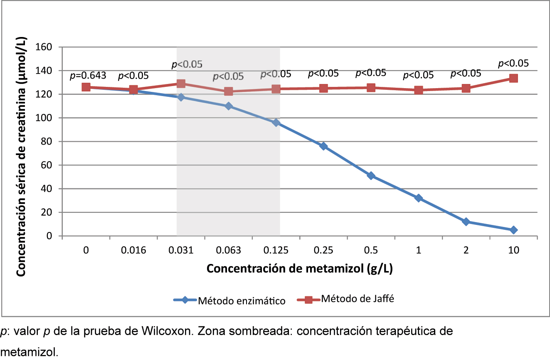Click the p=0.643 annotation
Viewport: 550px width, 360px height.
click(88, 76)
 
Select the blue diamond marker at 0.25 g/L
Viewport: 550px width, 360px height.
click(323, 146)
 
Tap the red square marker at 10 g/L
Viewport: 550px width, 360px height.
click(513, 78)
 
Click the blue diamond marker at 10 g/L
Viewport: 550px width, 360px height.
click(513, 230)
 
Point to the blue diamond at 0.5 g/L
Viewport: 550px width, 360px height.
click(371, 176)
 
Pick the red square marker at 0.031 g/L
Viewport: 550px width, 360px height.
click(181, 84)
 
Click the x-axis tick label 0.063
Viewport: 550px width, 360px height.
click(228, 250)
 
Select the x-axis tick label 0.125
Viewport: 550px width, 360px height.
click(276, 250)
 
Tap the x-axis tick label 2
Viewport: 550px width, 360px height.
click(466, 250)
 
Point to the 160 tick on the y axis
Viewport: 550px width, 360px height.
click(49, 47)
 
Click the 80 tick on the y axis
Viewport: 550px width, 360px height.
click(51, 141)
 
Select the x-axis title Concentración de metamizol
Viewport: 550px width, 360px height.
click(300, 269)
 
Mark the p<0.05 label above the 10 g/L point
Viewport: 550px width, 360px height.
click(513, 63)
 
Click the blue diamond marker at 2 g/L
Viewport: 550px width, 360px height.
click(466, 222)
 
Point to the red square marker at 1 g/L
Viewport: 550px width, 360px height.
click(418, 90)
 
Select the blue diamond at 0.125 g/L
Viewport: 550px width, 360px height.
click(276, 123)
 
